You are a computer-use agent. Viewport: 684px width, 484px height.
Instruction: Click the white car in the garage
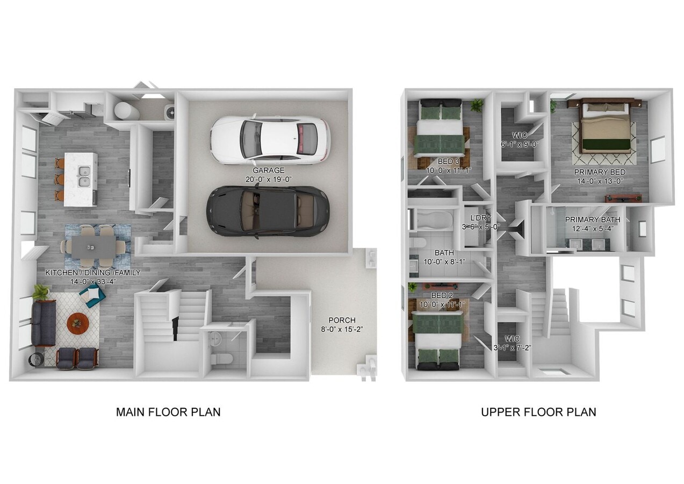click(x=269, y=139)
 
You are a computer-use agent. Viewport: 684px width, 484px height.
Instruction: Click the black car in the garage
click(x=268, y=210)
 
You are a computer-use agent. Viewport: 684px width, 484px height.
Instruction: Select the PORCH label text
click(x=342, y=320)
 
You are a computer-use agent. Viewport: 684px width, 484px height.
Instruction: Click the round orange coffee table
click(x=78, y=323)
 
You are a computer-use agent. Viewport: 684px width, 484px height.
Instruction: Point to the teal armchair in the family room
click(x=92, y=295)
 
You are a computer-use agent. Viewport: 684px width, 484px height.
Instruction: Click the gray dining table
click(x=93, y=247)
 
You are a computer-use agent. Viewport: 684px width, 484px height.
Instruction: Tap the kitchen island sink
click(x=84, y=178)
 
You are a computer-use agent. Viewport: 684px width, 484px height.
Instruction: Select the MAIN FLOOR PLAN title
click(x=168, y=412)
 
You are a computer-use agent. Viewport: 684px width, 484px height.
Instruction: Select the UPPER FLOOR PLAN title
click(x=538, y=412)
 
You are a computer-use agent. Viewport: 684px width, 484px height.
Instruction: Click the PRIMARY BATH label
click(x=592, y=219)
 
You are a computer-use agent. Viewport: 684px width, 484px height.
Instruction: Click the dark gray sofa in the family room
click(x=43, y=322)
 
